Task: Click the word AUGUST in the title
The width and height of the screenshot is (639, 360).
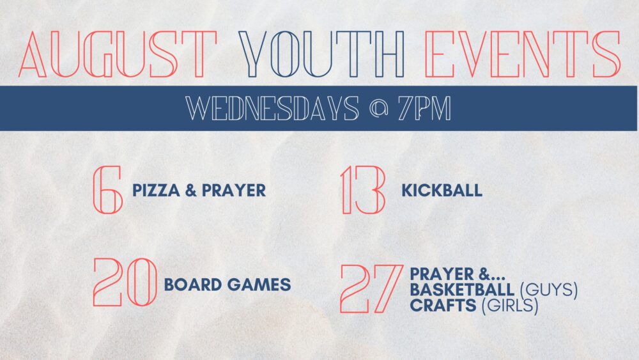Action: (x=118, y=54)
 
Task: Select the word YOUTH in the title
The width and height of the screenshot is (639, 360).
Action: (x=322, y=54)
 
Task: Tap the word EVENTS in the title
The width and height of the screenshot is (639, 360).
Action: (x=523, y=54)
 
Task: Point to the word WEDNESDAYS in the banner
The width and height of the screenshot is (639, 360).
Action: (x=272, y=109)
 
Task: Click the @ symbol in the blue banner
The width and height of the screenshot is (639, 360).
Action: (x=378, y=109)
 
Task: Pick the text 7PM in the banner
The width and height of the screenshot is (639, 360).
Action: (x=425, y=109)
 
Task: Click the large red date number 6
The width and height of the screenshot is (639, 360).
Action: (x=107, y=189)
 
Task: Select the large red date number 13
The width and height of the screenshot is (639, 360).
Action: (x=363, y=189)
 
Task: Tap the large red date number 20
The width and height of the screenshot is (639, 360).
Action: (x=125, y=282)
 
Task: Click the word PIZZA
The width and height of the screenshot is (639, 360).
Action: (x=156, y=191)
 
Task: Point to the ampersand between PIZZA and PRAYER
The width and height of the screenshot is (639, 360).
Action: (x=190, y=191)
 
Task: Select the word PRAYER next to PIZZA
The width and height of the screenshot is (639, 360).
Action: (x=234, y=191)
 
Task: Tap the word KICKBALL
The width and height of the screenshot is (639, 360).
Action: (x=442, y=191)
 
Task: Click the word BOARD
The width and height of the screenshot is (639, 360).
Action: (x=193, y=285)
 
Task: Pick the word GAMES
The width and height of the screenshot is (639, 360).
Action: (x=259, y=285)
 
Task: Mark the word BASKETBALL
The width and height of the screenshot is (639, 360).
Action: (x=462, y=290)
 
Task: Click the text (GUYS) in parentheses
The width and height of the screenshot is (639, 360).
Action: (x=549, y=290)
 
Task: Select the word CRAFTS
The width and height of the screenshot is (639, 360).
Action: (x=443, y=305)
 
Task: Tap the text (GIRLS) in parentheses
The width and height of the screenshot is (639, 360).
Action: (x=510, y=306)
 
